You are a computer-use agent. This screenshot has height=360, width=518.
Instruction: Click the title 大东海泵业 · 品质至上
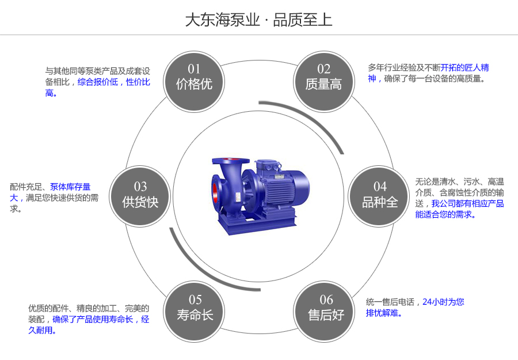click(258, 20)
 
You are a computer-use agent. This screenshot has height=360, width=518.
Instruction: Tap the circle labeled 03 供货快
click(140, 195)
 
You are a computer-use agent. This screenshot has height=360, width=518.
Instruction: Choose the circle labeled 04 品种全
click(380, 195)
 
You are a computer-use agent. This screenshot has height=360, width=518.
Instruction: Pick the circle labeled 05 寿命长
click(195, 308)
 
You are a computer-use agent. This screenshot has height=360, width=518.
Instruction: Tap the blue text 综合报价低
click(97, 82)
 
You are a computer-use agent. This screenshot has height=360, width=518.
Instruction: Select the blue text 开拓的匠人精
click(464, 67)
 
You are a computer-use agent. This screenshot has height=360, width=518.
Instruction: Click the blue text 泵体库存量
click(70, 187)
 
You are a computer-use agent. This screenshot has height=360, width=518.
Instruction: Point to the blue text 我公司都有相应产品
click(467, 203)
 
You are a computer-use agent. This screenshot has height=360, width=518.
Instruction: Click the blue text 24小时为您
click(443, 301)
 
